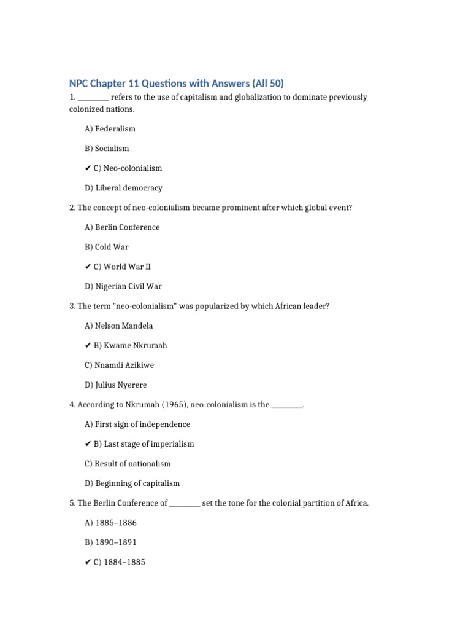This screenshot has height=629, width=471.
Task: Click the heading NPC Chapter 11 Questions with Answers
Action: pos(177,84)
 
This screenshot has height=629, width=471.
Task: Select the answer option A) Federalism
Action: pos(110,129)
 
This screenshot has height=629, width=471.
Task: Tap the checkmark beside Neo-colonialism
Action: pos(88,168)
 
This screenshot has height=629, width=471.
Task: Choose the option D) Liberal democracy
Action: pos(123,188)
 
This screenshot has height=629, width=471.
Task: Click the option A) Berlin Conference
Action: pos(122,227)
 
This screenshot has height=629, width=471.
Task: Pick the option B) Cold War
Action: pos(107,247)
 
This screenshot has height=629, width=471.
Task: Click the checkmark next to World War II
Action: pos(88,267)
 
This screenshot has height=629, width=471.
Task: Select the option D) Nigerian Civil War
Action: pos(123,286)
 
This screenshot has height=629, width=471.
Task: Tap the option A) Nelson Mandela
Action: pos(119,326)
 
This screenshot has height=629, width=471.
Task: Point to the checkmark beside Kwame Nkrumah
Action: pos(88,345)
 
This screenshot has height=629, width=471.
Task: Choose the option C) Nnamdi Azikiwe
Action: pos(120,365)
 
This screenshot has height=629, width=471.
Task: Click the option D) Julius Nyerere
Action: pos(116,385)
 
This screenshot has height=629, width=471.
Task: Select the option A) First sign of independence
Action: pos(137,424)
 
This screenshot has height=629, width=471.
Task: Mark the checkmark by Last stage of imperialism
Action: pos(88,444)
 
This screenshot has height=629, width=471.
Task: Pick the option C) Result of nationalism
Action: pos(128,464)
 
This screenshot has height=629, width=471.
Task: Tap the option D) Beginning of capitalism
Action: pos(132,483)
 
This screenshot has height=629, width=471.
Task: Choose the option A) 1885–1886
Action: pos(111,523)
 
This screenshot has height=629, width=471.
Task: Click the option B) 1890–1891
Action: pos(111,542)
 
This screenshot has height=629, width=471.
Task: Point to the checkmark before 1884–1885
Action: pos(88,562)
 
